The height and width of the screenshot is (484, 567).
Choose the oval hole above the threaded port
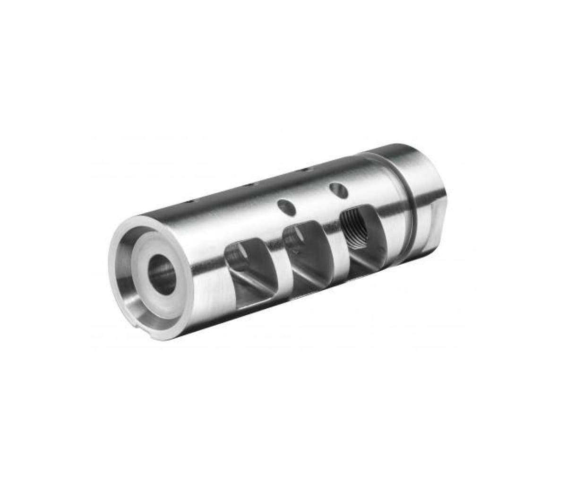tap(338, 190)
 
